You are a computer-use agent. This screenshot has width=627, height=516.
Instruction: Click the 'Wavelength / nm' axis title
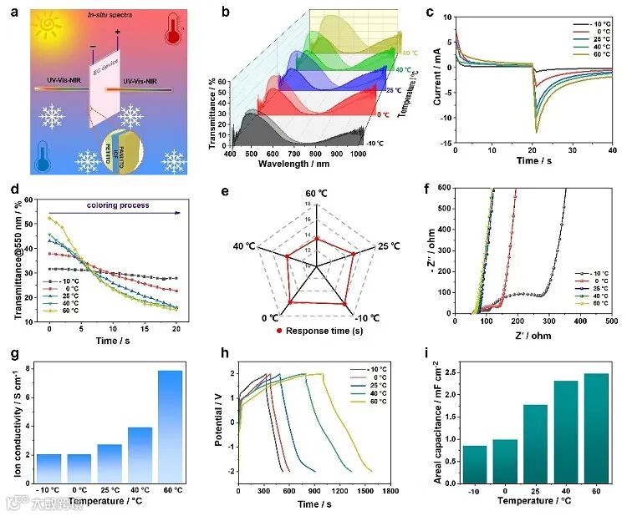(301, 165)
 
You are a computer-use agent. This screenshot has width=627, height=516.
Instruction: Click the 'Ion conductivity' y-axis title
(18, 426)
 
